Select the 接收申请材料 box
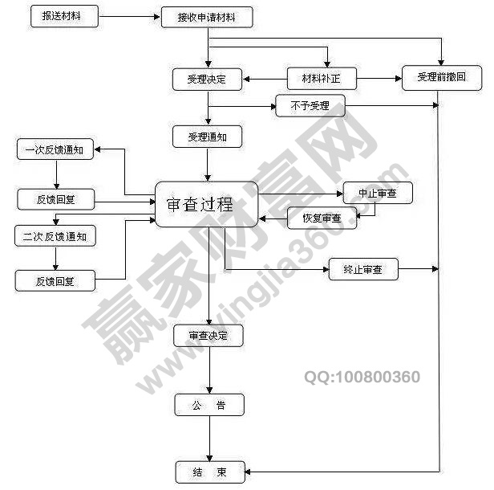[x=207, y=18]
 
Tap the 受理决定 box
[x=207, y=79]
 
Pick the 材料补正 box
[x=322, y=79]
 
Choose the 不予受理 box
[x=309, y=106]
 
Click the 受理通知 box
[x=207, y=137]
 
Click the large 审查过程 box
[x=207, y=204]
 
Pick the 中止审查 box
[x=377, y=193]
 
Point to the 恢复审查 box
[x=322, y=218]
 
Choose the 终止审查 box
[x=363, y=270]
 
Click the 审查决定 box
[x=208, y=336]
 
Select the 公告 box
[x=209, y=405]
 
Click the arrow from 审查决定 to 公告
[x=209, y=370]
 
